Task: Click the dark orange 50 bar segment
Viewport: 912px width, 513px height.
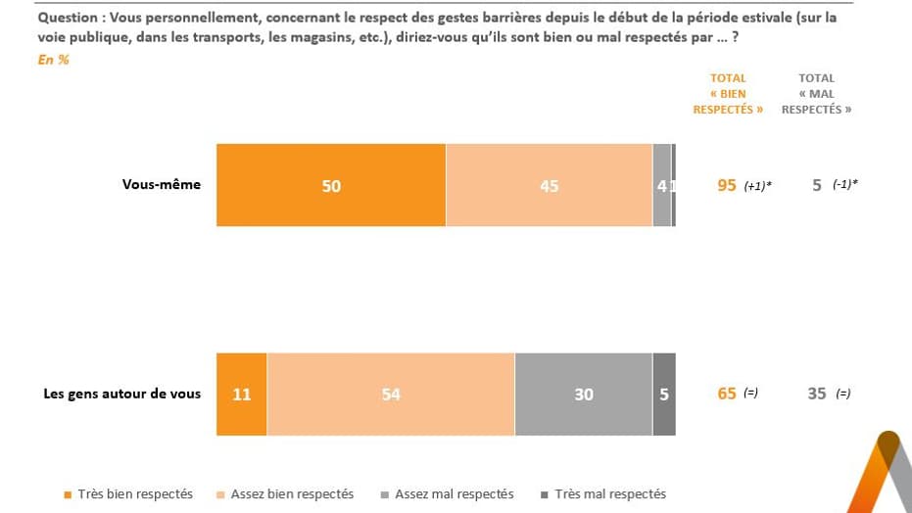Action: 331,185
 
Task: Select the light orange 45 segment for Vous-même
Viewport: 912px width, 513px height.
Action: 549,185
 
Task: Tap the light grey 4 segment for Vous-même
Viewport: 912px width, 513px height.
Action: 662,185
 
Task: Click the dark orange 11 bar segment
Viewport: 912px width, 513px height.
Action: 241,394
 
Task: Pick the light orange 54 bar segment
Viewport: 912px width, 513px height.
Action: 391,394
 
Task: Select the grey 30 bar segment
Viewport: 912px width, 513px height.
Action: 584,394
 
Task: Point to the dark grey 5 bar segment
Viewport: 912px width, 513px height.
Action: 664,394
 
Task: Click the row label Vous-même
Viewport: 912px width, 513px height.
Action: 162,184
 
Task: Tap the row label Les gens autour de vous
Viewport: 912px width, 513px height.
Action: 122,394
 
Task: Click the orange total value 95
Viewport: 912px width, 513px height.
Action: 727,185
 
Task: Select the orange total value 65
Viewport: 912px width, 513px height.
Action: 727,394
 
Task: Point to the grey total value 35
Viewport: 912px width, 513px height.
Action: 817,394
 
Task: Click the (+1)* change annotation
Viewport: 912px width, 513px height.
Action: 757,186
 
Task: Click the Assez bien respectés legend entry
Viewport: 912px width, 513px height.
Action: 285,494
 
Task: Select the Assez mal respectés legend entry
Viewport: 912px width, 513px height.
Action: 448,494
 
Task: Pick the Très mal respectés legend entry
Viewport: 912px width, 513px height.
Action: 602,494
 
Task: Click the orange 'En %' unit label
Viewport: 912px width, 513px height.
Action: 53,60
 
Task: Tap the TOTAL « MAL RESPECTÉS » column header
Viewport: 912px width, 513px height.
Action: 816,94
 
